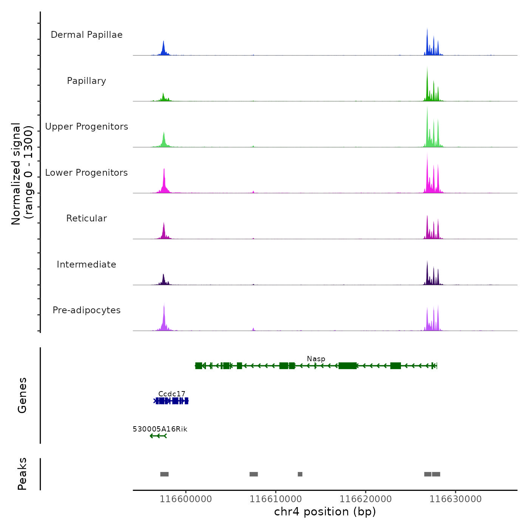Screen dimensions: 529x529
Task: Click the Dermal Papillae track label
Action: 87,35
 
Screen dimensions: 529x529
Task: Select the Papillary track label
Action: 87,81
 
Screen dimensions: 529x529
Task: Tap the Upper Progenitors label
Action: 87,127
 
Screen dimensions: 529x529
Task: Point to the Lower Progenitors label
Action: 87,173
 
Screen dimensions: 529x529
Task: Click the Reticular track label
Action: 87,218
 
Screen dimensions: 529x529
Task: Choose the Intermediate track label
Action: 87,264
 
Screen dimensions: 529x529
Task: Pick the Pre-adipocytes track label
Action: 87,310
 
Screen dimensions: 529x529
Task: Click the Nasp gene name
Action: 316,359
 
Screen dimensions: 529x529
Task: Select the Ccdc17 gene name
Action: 172,394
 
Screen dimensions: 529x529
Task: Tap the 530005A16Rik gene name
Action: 160,429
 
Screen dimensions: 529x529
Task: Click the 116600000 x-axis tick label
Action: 186,499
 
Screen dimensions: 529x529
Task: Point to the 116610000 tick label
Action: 275,499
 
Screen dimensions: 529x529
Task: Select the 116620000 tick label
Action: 365,499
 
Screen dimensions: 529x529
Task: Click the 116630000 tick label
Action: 455,499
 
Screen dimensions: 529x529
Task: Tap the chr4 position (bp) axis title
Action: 325,512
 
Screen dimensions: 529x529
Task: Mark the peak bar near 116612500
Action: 300,474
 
